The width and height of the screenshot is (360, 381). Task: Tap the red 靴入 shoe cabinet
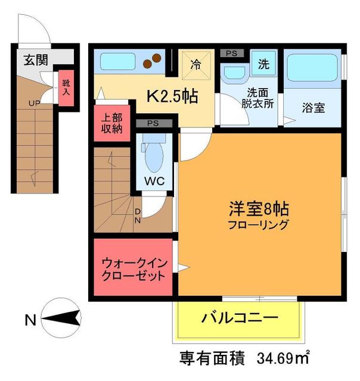pos(66,89)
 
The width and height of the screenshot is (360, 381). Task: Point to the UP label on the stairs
pos(34,103)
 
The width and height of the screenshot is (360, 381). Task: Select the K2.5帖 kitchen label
pos(173,95)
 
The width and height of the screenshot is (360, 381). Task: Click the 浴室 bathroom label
pos(312,109)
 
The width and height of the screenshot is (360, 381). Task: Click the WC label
pos(153,181)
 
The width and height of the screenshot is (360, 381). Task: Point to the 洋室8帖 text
pos(260,210)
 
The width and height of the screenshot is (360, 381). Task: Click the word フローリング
pos(260,225)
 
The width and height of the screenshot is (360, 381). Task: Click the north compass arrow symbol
pos(60,320)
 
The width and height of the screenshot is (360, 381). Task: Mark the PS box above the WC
pos(152,124)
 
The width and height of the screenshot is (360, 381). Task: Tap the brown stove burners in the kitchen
pos(154,60)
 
